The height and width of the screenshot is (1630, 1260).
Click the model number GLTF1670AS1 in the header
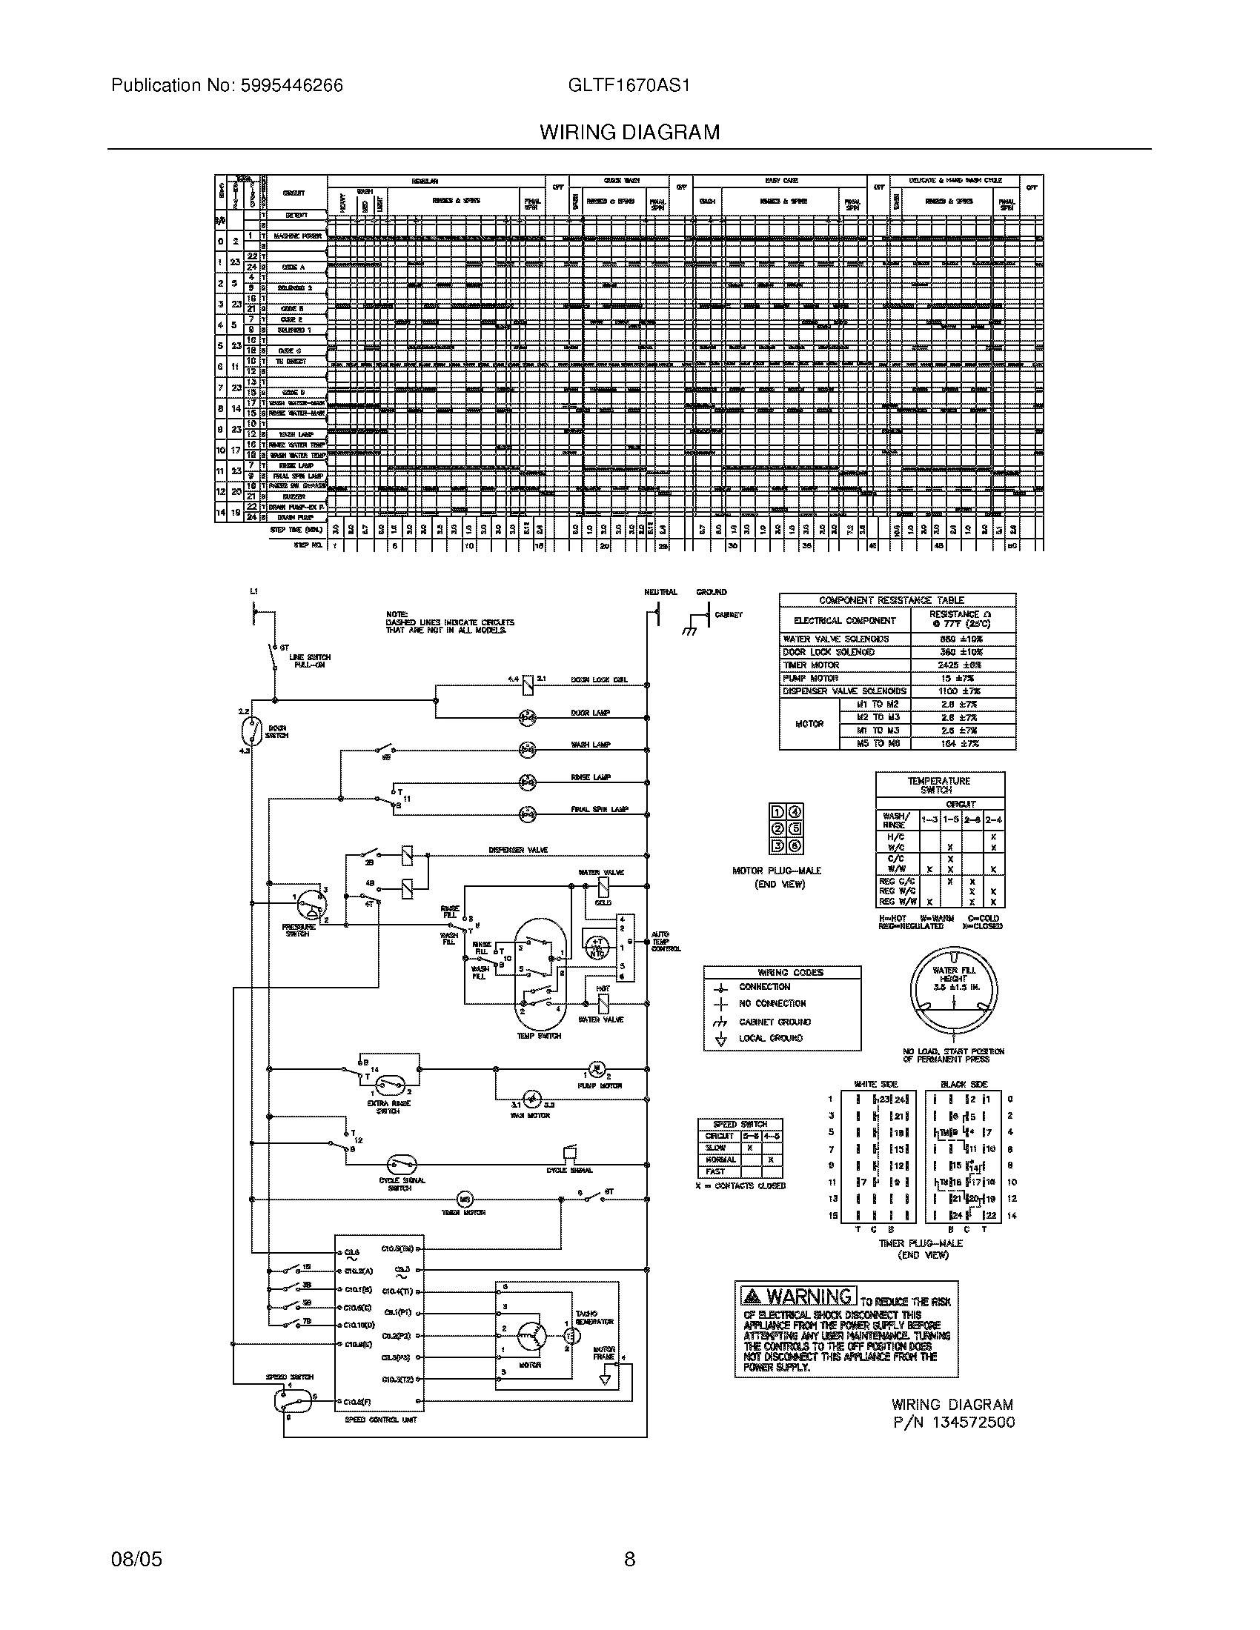629,85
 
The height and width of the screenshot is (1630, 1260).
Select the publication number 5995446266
291,85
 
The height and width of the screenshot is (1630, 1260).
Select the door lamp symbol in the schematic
528,717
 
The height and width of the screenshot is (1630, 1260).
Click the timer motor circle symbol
465,1199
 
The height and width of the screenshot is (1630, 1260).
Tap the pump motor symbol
597,1068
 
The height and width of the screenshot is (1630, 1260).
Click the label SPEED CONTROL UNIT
381,1420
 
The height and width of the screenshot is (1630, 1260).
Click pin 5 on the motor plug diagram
796,828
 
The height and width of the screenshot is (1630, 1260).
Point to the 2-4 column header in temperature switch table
993,819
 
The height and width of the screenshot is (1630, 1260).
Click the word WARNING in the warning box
810,1296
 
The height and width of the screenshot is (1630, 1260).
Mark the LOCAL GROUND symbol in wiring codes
721,1039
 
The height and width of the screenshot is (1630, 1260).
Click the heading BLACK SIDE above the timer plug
964,1085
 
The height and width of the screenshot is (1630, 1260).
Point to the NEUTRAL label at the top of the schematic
660,592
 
